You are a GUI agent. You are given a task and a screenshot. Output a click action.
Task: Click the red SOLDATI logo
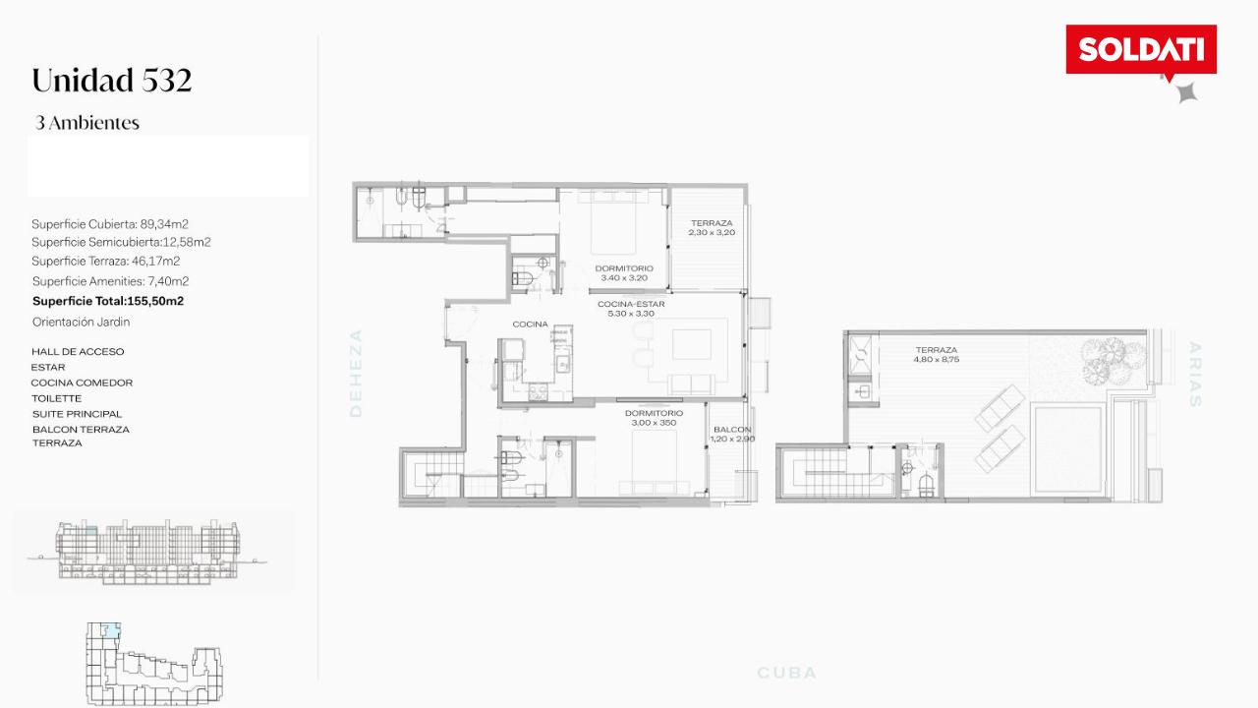pos(1141,49)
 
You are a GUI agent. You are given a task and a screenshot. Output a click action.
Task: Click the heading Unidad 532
pos(112,80)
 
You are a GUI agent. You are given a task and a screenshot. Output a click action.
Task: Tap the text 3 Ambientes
pos(87,123)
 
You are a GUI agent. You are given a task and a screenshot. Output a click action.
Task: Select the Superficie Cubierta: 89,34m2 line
pos(110,224)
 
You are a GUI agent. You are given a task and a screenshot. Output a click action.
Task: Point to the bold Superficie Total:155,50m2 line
pos(108,301)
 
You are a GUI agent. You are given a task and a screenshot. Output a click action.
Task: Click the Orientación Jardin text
pos(81,322)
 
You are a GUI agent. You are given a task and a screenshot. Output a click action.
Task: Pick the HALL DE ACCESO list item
pos(78,352)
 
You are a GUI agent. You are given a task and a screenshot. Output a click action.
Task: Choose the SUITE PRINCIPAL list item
pos(77,414)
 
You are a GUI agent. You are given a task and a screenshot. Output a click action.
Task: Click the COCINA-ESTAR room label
pos(631,304)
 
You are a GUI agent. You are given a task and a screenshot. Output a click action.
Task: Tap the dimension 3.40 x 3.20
pos(624,277)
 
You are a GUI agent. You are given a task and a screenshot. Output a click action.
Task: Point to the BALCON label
pos(732,430)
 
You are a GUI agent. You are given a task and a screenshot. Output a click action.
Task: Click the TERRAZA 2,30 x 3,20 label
pos(712,227)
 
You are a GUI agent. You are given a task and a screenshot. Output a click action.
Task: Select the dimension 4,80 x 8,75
pos(937,359)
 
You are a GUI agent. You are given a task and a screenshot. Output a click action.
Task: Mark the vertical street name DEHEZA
pos(356,373)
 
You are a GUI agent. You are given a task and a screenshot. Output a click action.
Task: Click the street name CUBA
pos(787,673)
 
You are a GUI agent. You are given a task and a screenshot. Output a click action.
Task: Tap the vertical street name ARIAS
pos(1194,375)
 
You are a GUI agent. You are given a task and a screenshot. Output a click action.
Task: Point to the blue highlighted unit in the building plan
pos(112,630)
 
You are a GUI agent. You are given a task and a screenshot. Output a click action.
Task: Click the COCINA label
pos(530,324)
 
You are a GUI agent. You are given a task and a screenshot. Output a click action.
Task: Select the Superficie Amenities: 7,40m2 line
pos(111,281)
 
